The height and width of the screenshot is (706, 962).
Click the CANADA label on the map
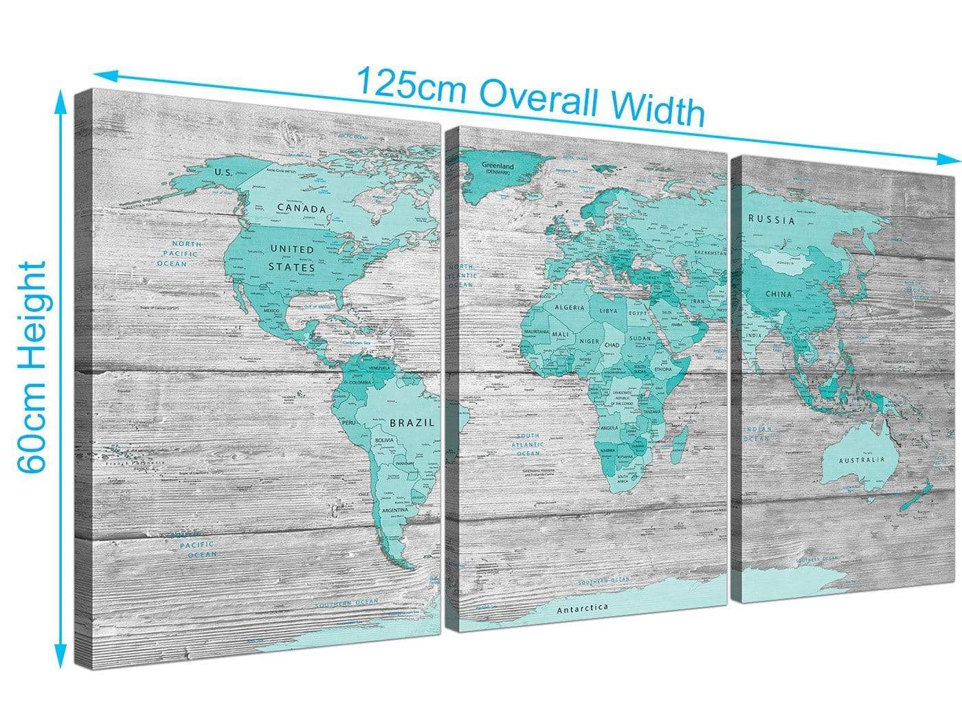[301, 208]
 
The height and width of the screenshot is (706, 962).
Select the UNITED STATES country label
[291, 258]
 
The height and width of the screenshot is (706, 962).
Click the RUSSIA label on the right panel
[772, 220]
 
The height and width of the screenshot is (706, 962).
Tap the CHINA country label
[779, 294]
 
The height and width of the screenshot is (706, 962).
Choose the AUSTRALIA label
[860, 459]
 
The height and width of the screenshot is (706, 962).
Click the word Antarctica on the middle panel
[583, 608]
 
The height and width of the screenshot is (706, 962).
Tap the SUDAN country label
[640, 338]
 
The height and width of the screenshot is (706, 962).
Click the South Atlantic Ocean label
[528, 444]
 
